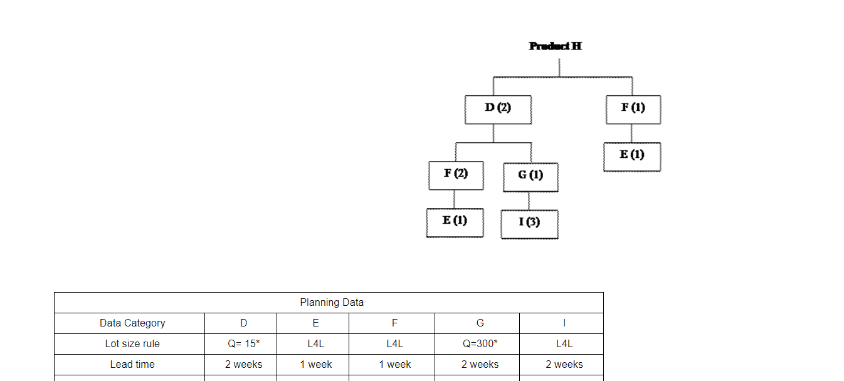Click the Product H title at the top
[555, 46]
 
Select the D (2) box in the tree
[498, 109]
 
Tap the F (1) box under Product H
[633, 109]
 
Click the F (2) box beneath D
[456, 175]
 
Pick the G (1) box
[530, 177]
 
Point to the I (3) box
[529, 224]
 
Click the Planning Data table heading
[332, 302]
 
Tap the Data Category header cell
[132, 323]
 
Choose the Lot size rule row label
[132, 343]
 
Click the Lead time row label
[132, 364]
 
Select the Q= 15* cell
[243, 343]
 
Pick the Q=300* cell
[480, 343]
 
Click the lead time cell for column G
[480, 364]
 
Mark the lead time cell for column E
[315, 364]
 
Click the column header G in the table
[480, 323]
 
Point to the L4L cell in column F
[394, 343]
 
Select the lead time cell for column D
[243, 364]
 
